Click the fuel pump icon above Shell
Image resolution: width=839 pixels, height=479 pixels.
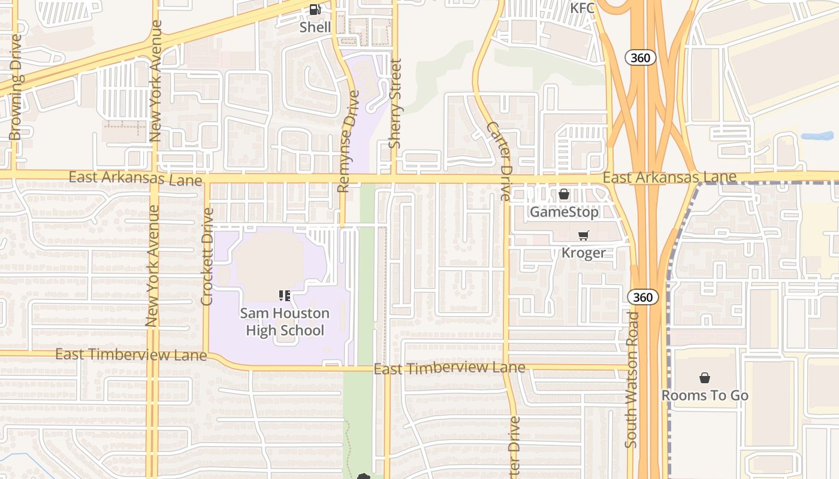coord(315,10)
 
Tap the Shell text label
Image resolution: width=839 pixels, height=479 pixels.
coord(315,27)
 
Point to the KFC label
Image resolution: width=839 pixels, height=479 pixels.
coord(582,8)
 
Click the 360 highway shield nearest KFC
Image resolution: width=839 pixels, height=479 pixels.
coord(641,57)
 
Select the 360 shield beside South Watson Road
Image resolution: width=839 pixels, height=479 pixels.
coord(643,297)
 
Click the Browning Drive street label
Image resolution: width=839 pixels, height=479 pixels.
coord(16,87)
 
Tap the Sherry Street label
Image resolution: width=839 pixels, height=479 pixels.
coord(394,103)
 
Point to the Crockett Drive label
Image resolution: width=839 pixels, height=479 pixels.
coord(207,256)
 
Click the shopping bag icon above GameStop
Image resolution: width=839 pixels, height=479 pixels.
coord(564,195)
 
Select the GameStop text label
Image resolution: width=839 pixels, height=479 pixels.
coord(564,212)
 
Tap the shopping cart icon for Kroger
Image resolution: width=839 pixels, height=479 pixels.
coord(583,236)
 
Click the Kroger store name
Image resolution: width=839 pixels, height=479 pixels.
coord(583,253)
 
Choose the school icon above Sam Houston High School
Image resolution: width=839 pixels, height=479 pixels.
coord(285,295)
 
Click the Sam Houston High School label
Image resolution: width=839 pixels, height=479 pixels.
coord(285,322)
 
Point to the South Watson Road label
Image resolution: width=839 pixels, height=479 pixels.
coord(632,378)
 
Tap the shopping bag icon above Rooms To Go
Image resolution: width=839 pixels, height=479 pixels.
coord(705,378)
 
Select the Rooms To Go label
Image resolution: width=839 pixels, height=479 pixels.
coord(705,395)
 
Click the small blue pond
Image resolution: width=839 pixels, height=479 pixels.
coord(817,136)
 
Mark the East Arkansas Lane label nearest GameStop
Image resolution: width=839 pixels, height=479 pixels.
coord(669,177)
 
